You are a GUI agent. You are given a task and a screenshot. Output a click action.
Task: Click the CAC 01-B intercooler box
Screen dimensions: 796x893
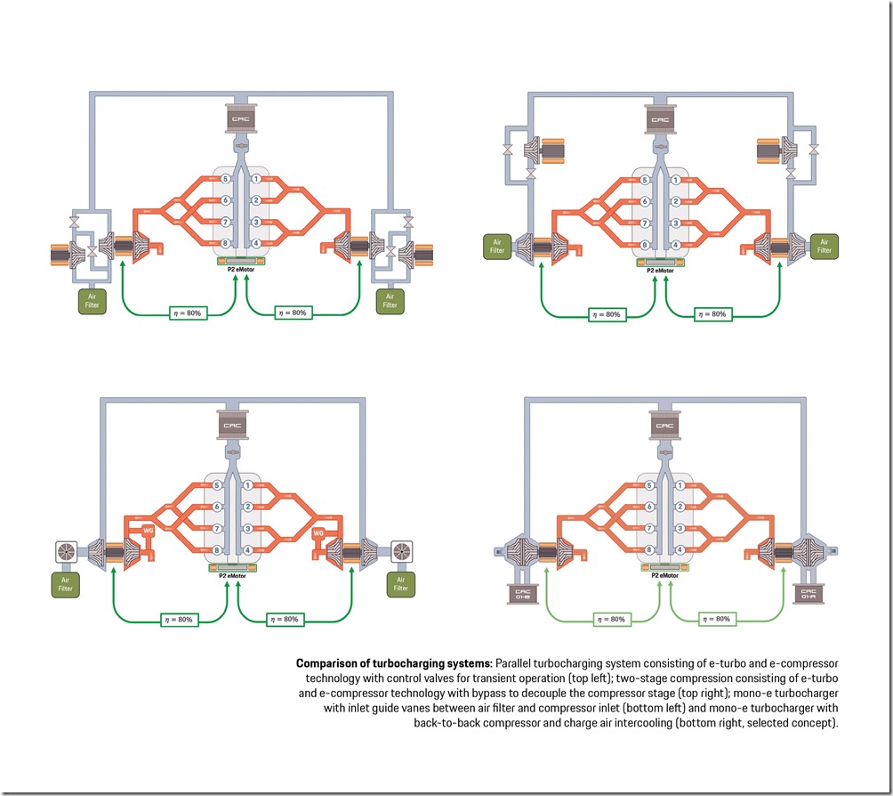click(x=519, y=595)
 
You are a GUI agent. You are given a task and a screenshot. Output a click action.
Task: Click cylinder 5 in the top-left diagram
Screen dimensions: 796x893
click(x=225, y=179)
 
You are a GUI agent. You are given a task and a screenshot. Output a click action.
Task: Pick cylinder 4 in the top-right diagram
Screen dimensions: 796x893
click(x=677, y=244)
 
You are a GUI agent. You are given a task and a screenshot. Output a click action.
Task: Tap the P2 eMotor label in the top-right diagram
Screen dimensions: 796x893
click(x=659, y=270)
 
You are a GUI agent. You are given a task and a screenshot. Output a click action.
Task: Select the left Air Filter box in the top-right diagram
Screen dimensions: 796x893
click(x=496, y=246)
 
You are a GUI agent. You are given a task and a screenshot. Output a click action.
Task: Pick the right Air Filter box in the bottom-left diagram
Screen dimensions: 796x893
click(x=401, y=583)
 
